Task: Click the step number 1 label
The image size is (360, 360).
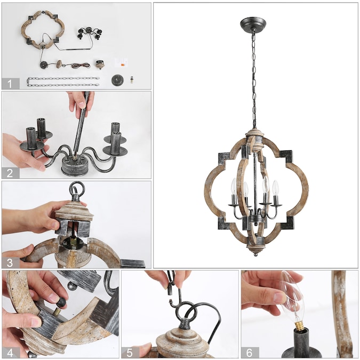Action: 10,84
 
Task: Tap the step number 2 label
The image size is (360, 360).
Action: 10,173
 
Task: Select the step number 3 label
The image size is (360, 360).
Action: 10,262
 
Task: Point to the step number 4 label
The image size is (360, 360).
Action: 10,353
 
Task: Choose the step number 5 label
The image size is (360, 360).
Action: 130,353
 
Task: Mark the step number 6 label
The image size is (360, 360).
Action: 250,353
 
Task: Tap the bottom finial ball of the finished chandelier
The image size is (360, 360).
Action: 255,254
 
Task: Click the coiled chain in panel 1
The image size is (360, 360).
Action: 63,82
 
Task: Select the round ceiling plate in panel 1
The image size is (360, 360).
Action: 117,80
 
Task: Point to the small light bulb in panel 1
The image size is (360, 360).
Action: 132,79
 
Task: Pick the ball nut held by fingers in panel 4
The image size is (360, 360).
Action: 61,302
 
